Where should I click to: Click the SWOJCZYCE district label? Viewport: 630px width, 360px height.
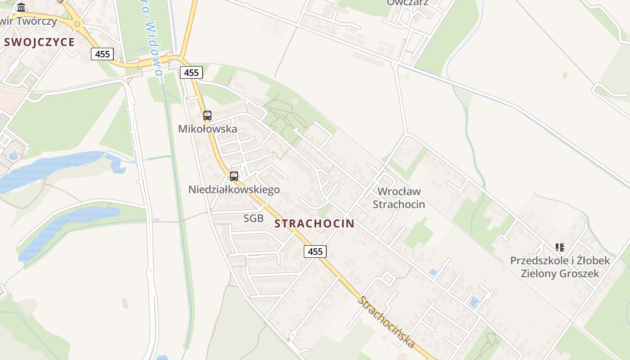point(39,42)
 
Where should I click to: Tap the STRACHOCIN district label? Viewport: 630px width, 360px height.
point(314,223)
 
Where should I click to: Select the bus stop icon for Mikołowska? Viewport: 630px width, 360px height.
point(207,115)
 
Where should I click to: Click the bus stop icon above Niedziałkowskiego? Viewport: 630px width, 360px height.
point(234,176)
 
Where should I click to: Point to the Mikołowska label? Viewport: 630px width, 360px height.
point(207,129)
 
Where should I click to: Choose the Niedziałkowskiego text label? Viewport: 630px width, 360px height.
point(234,189)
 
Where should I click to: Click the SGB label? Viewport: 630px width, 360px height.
point(253,219)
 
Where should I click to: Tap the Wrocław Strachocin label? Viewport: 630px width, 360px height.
point(399,198)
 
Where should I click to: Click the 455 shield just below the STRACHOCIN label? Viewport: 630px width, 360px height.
point(315,251)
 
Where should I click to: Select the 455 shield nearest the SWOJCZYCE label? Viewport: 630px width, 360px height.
point(103,54)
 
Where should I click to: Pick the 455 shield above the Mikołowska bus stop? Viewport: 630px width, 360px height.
point(191,72)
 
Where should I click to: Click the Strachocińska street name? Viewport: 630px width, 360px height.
point(386,321)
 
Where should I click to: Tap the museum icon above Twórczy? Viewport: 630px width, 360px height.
point(21,7)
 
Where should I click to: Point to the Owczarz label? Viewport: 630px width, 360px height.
point(407,3)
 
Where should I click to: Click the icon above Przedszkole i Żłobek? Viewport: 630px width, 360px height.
point(559,247)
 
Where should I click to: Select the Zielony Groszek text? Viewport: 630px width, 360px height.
point(560,273)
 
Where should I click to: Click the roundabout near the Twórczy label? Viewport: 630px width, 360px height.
point(77,24)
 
